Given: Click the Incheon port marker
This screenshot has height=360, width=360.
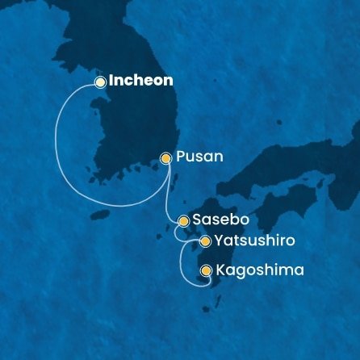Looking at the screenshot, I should (x=100, y=82).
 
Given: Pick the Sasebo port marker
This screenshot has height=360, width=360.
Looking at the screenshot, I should (x=183, y=220).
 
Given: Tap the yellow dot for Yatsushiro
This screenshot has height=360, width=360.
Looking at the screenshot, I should (x=205, y=241).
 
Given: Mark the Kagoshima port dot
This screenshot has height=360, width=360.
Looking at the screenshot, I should (x=206, y=270).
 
